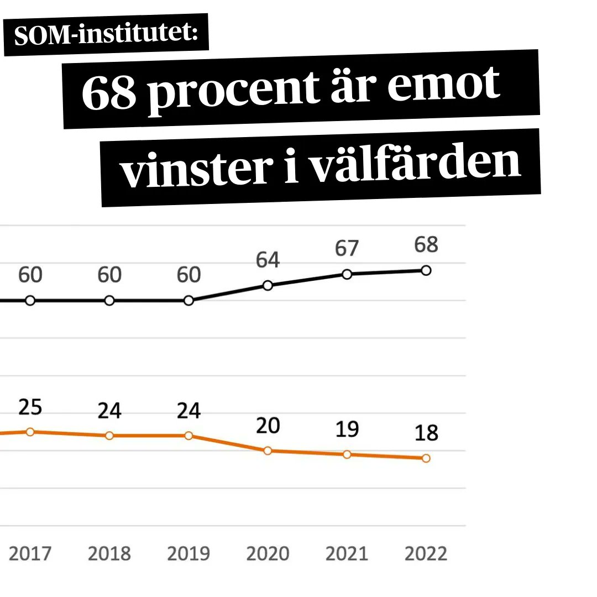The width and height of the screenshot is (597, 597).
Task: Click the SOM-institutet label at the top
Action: pos(106,34)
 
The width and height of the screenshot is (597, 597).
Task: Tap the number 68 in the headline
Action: pos(109,91)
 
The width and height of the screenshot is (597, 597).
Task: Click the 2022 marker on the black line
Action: pos(426,270)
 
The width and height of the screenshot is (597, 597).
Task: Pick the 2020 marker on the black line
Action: pos(268,285)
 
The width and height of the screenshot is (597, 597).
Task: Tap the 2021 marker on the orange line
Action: pos(347,454)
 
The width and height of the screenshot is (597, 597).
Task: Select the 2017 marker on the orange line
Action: pos(30,432)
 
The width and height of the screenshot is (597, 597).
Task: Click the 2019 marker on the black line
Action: pos(188,301)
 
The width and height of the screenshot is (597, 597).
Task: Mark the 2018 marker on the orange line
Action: pos(109,436)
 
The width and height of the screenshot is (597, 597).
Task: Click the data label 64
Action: pos(268,260)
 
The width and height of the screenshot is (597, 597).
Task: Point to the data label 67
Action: pos(347,248)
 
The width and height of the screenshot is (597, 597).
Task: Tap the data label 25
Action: pos(30,407)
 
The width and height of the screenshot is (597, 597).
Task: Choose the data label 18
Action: pos(426,433)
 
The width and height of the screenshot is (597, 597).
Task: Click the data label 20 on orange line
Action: pos(268,426)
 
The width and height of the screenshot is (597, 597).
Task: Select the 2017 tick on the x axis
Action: pos(30,553)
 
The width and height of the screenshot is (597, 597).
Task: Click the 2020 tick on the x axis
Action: pos(268,553)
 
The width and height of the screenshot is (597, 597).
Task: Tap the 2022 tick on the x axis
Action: pos(426,553)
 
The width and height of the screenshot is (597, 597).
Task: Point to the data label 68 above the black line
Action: pos(426,244)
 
